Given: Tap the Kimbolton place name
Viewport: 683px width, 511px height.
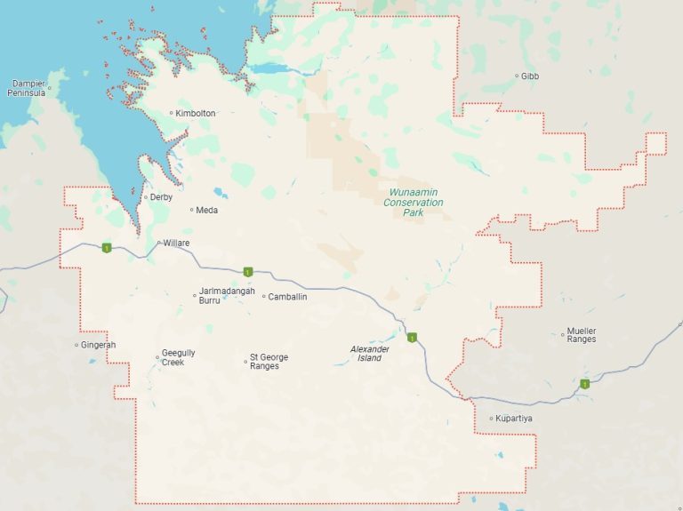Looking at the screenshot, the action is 196,113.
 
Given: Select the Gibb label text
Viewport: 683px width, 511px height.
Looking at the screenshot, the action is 530,76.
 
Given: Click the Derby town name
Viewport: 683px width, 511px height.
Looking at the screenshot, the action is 161,197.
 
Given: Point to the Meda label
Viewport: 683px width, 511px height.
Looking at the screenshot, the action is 206,211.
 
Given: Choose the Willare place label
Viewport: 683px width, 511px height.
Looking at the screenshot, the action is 177,243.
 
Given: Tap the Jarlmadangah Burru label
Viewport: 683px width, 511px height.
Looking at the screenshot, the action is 227,296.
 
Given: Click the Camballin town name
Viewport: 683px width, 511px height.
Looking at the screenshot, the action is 287,297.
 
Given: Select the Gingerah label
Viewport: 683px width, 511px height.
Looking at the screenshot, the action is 98,345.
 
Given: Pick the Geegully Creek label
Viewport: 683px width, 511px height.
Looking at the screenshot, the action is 178,357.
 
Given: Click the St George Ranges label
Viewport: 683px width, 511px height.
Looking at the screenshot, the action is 269,362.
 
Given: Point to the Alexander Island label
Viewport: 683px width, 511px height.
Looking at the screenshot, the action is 369,354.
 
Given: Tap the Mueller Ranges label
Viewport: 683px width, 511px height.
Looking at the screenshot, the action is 582,335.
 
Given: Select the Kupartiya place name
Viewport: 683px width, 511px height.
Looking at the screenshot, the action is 515,419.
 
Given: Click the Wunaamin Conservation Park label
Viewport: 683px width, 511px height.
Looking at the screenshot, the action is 413,202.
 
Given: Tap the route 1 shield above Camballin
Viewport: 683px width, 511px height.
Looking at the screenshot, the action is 249,271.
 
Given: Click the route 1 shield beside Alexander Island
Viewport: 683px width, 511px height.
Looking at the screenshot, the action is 412,338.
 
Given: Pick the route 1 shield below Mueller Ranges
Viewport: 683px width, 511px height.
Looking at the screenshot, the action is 585,384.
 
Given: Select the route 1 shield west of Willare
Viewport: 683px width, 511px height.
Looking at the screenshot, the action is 106,247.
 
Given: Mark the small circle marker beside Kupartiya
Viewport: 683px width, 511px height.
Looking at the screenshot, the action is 491,419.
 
